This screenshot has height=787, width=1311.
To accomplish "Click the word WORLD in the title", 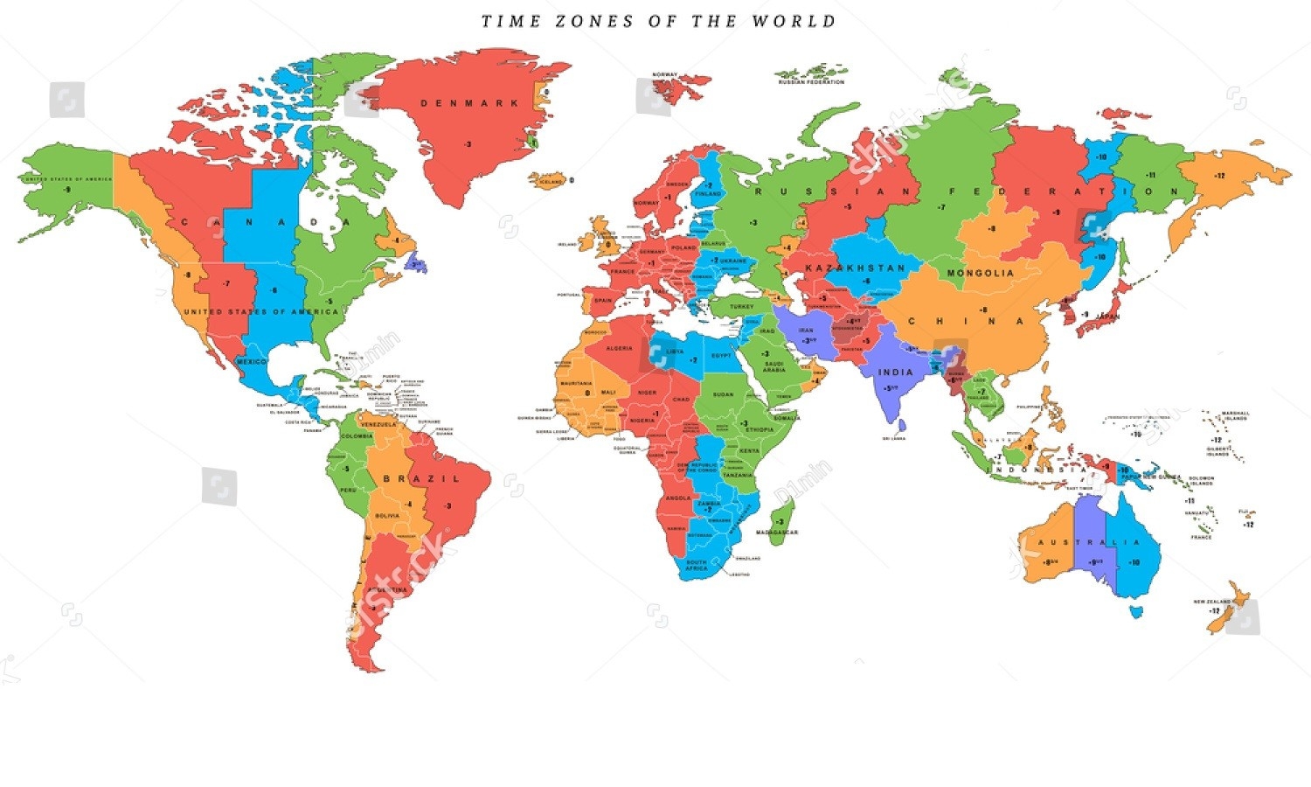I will click(x=794, y=21).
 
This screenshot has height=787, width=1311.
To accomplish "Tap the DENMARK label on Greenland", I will click(x=469, y=103).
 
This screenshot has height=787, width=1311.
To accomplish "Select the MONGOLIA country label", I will click(x=981, y=273).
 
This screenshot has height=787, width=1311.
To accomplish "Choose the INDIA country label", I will click(x=895, y=373).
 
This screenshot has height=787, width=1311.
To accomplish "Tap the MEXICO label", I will click(x=251, y=361).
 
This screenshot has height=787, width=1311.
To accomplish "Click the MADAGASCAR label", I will click(x=777, y=533).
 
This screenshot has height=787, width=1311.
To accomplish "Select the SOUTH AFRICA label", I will click(x=697, y=565).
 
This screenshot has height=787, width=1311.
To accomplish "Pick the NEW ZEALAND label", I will click(x=1211, y=602).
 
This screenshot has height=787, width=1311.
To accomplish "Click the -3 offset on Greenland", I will click(x=468, y=144).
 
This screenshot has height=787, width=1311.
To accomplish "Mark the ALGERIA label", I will click(x=619, y=348).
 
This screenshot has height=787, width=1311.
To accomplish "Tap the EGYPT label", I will click(x=721, y=356).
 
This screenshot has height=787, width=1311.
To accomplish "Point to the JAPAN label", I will click(x=1106, y=317).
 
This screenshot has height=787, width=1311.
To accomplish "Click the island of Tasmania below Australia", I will click(x=1135, y=611).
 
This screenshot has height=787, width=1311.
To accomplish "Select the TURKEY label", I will click(x=741, y=307).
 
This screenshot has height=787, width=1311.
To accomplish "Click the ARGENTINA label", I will click(x=387, y=589).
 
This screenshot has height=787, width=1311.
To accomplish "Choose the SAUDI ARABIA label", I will click(x=773, y=366).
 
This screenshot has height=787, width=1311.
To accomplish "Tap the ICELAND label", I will click(x=551, y=182).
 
